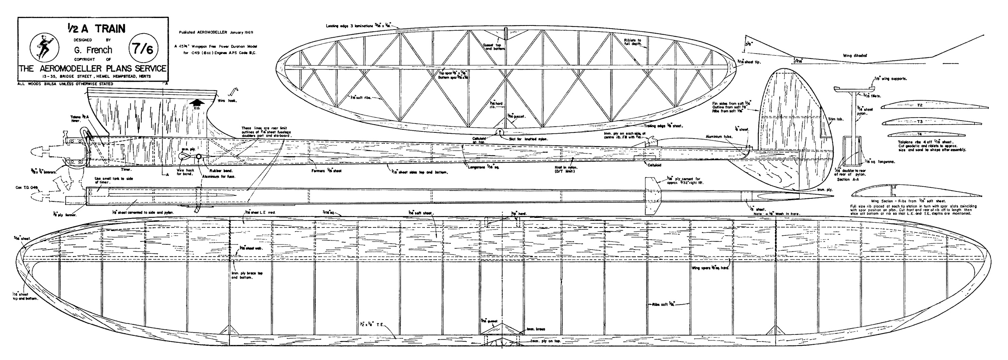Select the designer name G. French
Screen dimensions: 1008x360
pos(93,50)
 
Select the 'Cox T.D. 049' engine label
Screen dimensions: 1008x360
pos(25,188)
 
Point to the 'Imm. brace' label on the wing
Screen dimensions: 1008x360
pos(536,329)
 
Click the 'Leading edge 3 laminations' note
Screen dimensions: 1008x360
pos(349,26)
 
